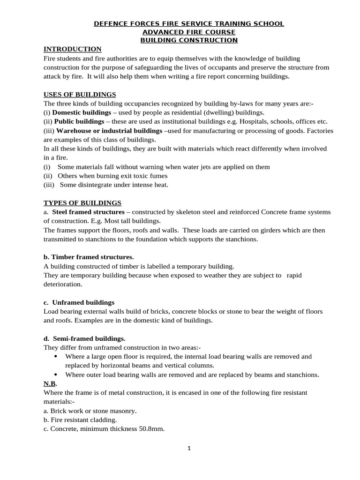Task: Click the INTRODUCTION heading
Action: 72,49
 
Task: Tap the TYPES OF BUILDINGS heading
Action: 82,203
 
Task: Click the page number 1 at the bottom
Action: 189,448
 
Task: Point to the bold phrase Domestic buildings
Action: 79,112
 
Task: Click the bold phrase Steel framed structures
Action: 82,212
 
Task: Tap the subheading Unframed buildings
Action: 83,302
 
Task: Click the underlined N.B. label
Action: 50,383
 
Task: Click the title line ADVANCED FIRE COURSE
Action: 189,32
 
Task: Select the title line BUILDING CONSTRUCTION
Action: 189,40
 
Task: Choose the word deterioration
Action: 62,284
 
